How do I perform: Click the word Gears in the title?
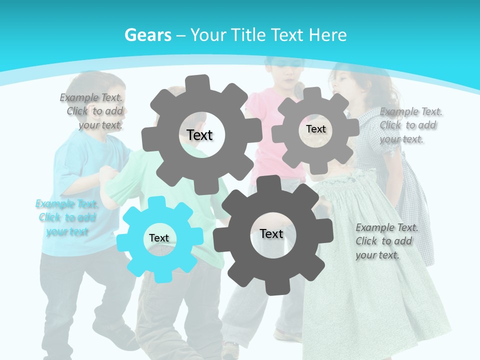coord(147,35)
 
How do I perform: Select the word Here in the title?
coord(327,35)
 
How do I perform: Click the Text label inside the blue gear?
coord(159,238)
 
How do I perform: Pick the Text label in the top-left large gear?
coord(199,135)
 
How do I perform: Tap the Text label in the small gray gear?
coord(315,129)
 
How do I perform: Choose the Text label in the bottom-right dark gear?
coord(271,233)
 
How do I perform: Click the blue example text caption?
coord(67,217)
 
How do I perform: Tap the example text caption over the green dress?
coord(386,241)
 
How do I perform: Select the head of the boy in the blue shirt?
coord(92,90)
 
